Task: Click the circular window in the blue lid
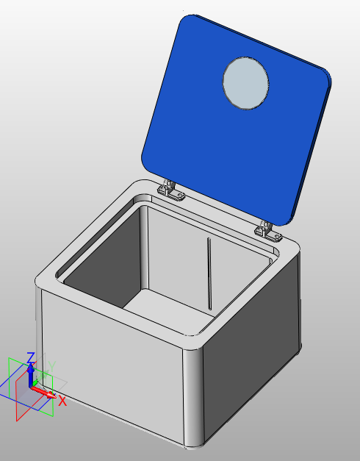click(246, 83)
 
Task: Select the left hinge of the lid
click(172, 191)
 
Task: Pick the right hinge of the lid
click(270, 232)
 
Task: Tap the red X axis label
click(62, 401)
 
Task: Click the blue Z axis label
click(31, 358)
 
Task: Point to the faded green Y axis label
click(51, 367)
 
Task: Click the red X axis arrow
click(46, 393)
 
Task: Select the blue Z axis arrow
click(31, 373)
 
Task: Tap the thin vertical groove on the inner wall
click(209, 272)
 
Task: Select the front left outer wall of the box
click(110, 368)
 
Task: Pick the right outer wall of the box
click(253, 353)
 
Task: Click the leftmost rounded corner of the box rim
click(44, 280)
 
